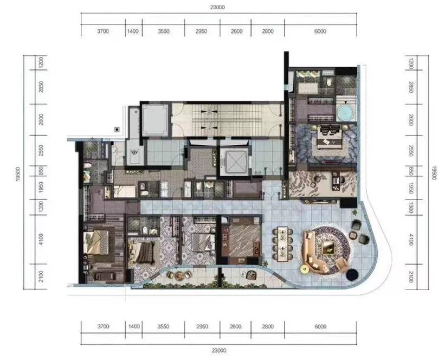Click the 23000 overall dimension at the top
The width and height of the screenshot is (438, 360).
pyautogui.click(x=217, y=7)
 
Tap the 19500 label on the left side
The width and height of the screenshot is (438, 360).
pyautogui.click(x=18, y=174)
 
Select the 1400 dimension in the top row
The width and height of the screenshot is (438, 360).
pyautogui.click(x=133, y=31)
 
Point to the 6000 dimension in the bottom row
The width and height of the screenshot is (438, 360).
pyautogui.click(x=320, y=326)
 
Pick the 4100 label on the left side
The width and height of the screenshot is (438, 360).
pyautogui.click(x=41, y=239)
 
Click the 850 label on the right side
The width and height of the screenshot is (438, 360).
pyautogui.click(x=411, y=171)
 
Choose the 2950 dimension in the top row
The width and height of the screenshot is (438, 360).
pyautogui.click(x=201, y=31)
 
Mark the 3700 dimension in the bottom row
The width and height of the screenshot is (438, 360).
pyautogui.click(x=103, y=326)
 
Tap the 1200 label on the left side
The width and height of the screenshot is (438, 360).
pyautogui.click(x=41, y=63)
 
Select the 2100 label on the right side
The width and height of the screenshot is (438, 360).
pyautogui.click(x=411, y=277)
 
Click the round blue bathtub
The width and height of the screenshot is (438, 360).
pyautogui.click(x=346, y=113)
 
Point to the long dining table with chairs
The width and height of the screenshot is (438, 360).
pyautogui.click(x=282, y=243)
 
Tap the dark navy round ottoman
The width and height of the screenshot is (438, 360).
pyautogui.click(x=352, y=274)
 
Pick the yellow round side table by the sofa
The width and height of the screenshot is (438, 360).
pyautogui.click(x=304, y=269)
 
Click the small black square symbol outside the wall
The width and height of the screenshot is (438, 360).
pyautogui.click(x=117, y=130)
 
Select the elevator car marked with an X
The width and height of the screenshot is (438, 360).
pyautogui.click(x=234, y=162)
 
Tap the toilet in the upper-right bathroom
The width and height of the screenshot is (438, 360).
pyautogui.click(x=329, y=82)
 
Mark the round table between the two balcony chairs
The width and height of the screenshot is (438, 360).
pyautogui.click(x=179, y=275)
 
